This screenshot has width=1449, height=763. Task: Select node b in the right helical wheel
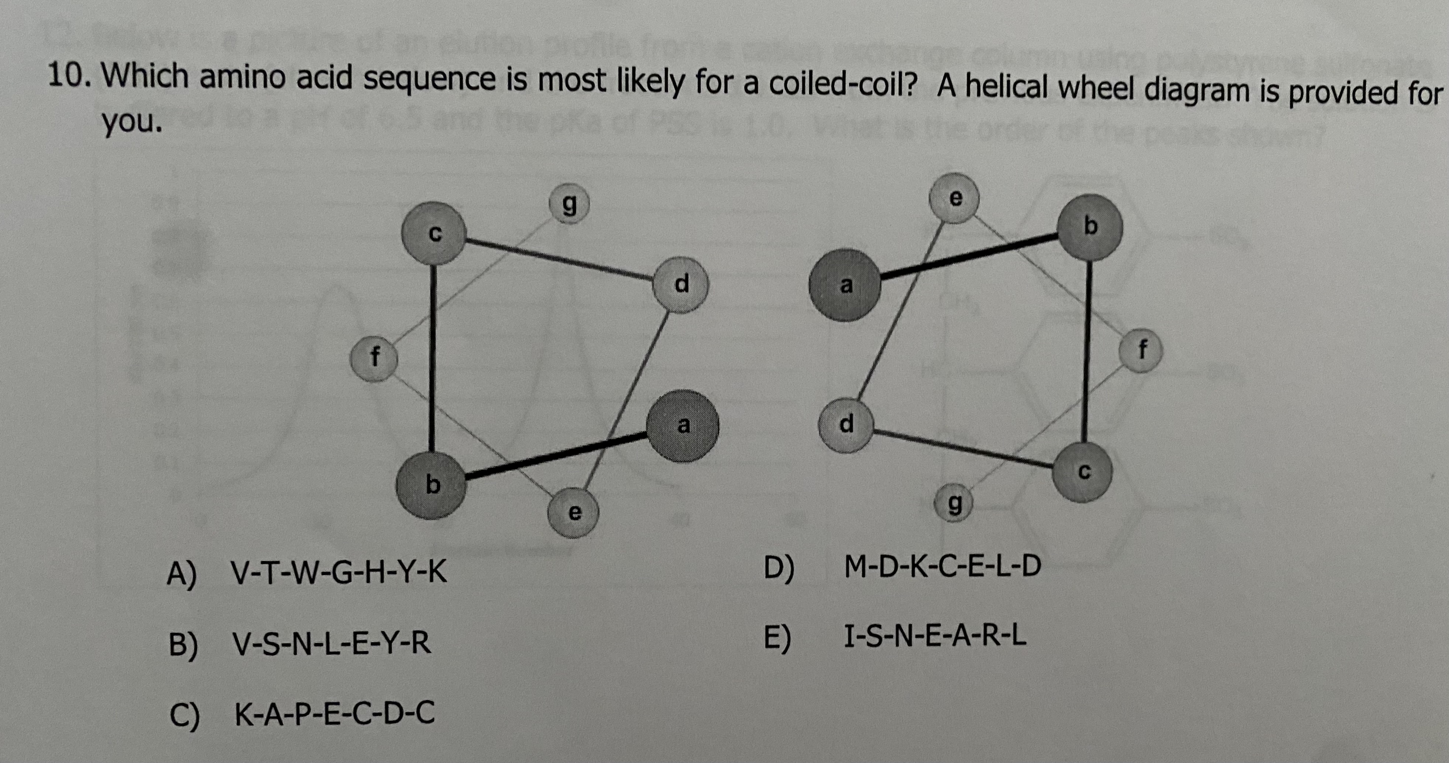pos(1090,227)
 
